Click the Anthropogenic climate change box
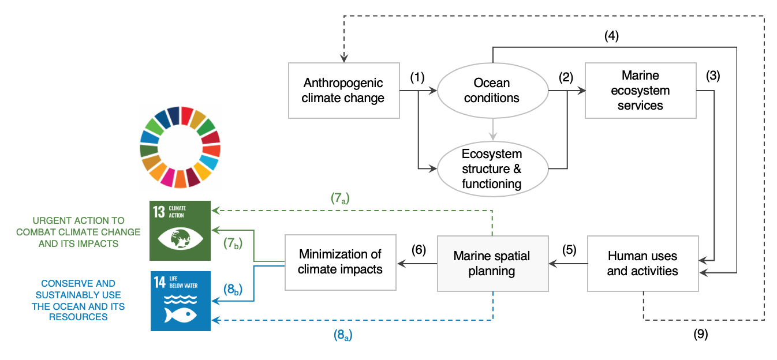click(x=344, y=91)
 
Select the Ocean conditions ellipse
click(x=492, y=91)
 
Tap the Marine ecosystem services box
click(x=640, y=91)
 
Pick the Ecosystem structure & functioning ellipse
click(x=492, y=169)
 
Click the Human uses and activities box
click(x=642, y=263)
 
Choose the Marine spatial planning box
click(x=492, y=263)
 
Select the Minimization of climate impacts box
click(x=341, y=262)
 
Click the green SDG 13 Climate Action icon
click(x=181, y=231)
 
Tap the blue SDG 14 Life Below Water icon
click(x=181, y=301)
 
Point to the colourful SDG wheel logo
click(x=180, y=147)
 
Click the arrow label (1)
click(x=417, y=76)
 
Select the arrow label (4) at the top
click(x=611, y=36)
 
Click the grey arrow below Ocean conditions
click(x=492, y=130)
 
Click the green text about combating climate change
click(x=79, y=232)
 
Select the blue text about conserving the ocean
click(x=79, y=300)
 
